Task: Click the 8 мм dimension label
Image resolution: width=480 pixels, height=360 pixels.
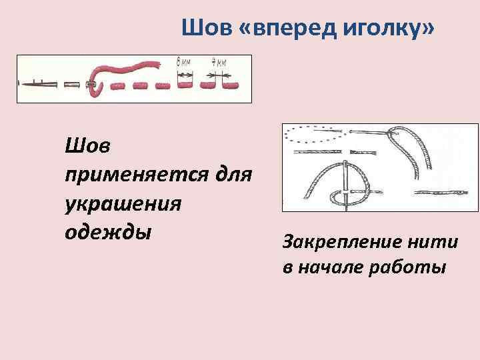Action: tap(183, 62)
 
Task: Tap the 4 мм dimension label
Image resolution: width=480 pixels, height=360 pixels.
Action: tap(219, 62)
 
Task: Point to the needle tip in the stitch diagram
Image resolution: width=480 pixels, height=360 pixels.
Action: tap(22, 84)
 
